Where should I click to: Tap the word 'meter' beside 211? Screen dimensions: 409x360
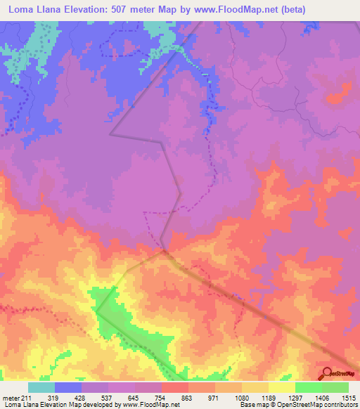(x=11, y=398)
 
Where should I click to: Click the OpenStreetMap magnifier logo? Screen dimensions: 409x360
(x=327, y=373)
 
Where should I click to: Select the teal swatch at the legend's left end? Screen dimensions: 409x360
(x=41, y=387)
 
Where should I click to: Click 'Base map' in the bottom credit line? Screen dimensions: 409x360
(x=263, y=405)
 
